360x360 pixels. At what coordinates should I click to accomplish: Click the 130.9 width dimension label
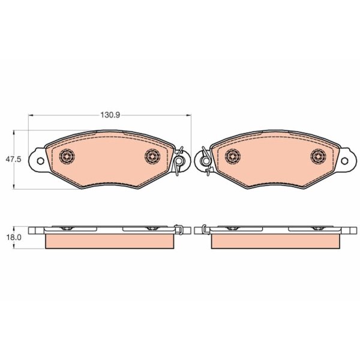[x=110, y=115]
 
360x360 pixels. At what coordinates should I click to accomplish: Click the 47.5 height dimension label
[x=13, y=159]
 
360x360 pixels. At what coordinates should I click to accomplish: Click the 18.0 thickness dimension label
[x=14, y=237]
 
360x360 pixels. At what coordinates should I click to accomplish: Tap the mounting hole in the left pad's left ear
[x=40, y=161]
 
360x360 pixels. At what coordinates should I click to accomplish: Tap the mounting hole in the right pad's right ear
[x=344, y=161]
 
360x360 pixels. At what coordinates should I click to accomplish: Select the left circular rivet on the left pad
[x=67, y=156]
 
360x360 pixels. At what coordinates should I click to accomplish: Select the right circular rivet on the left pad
[x=152, y=156]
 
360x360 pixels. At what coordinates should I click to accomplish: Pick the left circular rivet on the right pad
[x=233, y=156]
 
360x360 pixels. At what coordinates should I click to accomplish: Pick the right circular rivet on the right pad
[x=318, y=156]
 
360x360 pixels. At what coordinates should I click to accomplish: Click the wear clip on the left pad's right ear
[x=179, y=161]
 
